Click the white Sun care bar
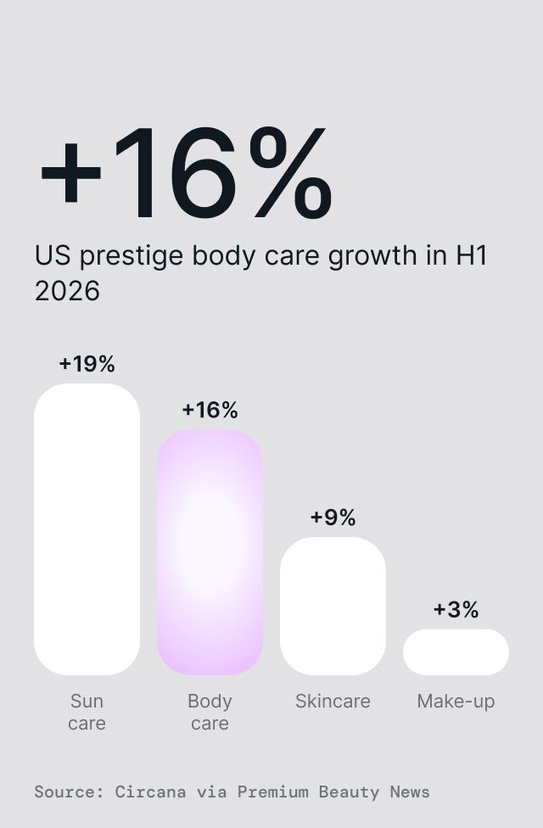coord(87,529)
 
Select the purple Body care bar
coord(210,551)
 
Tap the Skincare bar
coord(333,606)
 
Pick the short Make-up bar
coord(456,652)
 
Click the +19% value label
coord(87,364)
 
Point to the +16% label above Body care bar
coord(210,410)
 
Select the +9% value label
coord(333,517)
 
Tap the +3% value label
coord(456,609)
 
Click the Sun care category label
coord(87,712)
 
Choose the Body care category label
coord(210,712)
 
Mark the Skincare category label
coord(333,702)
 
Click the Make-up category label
coord(456,702)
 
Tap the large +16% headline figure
coord(187,172)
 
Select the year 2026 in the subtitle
coord(67,291)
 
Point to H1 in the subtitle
coord(472,255)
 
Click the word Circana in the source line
coord(150,792)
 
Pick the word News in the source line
coord(410,792)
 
